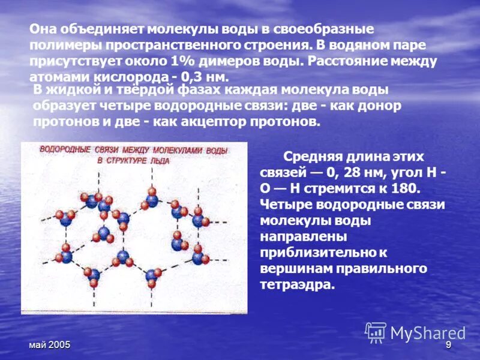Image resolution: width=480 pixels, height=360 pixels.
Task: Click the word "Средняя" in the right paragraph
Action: click(315, 157)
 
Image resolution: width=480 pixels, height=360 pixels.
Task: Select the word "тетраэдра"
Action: click(298, 283)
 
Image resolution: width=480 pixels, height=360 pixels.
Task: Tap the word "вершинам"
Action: click(294, 268)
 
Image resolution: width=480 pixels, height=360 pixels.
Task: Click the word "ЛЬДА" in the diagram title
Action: click(160, 161)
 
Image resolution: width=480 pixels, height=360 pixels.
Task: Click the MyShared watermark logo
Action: click(415, 332)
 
